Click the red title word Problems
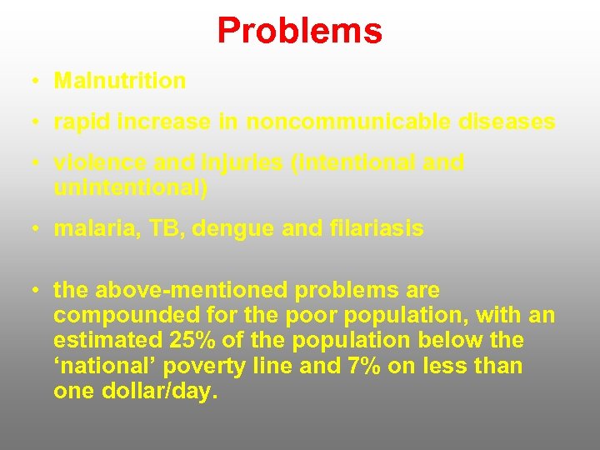300,31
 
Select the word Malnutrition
120,81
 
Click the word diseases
507,122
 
